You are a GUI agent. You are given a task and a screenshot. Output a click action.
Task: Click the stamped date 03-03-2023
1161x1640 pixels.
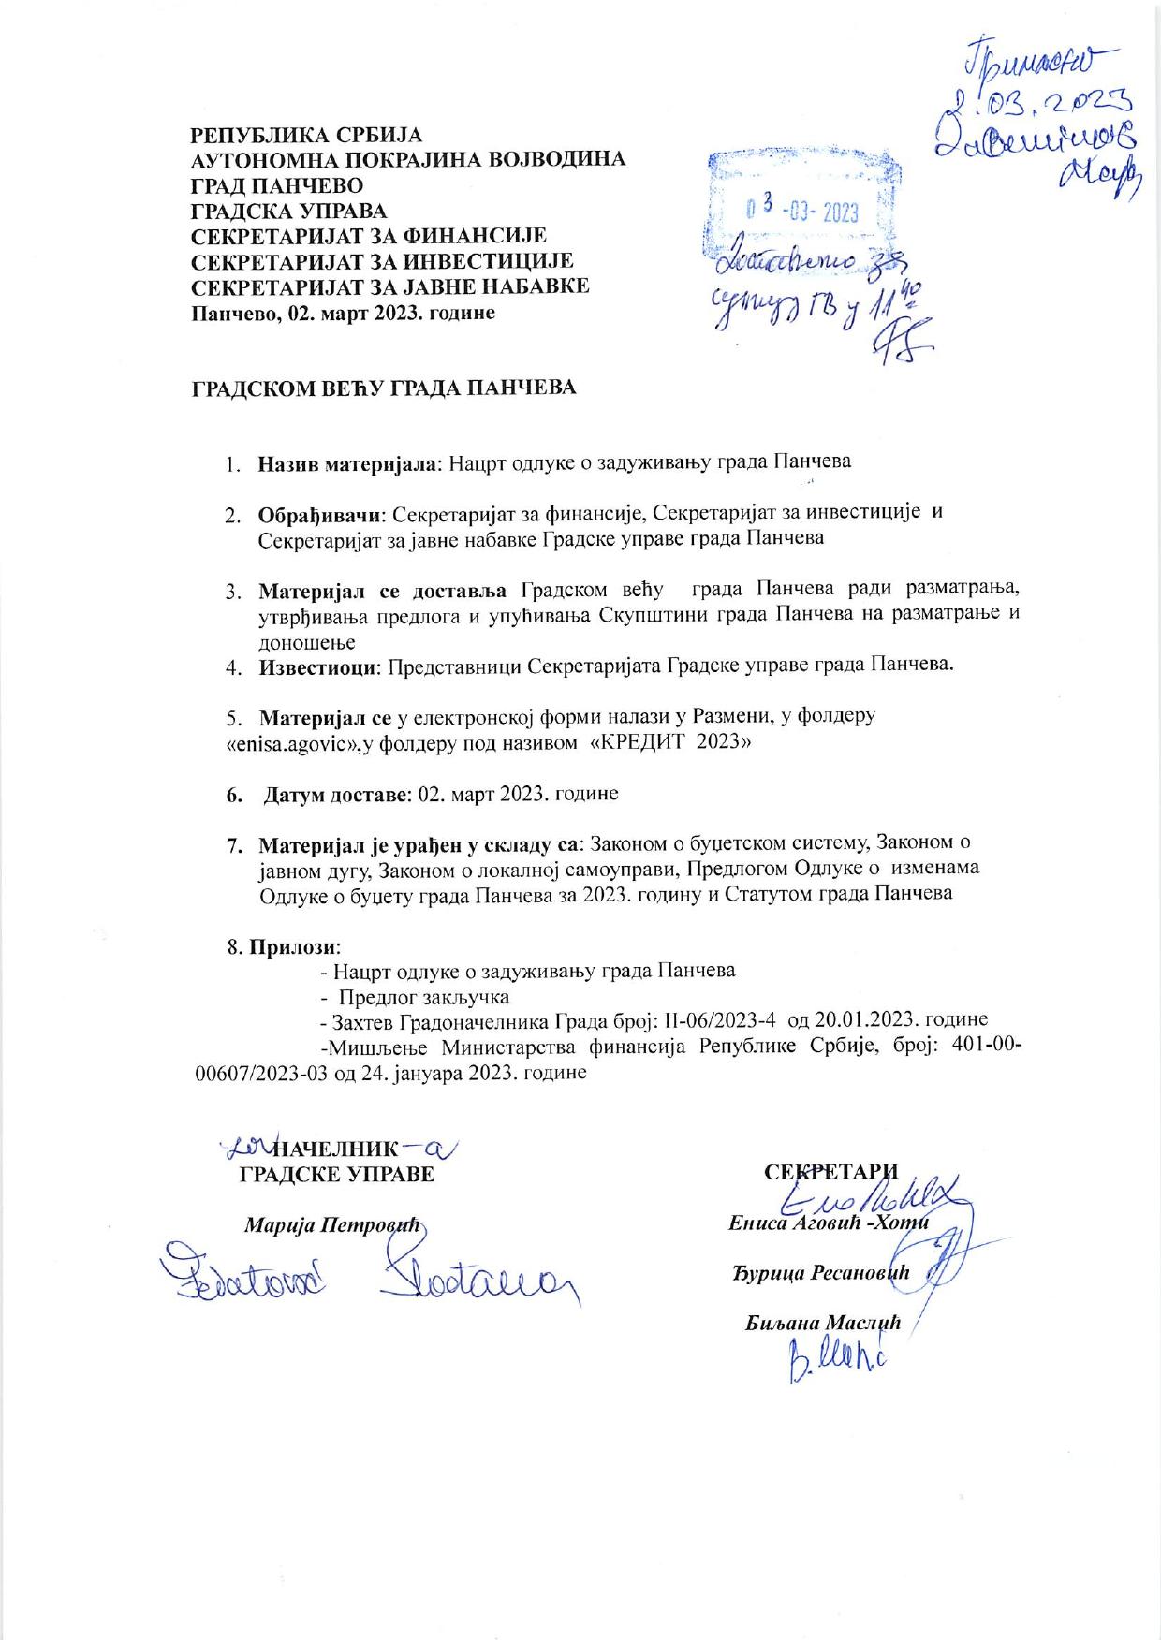[x=802, y=212]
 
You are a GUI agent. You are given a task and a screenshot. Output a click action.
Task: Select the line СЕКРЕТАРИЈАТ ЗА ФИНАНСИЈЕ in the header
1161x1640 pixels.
[x=369, y=236]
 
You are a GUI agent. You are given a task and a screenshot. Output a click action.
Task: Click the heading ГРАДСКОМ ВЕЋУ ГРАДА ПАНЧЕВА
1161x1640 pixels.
[x=384, y=388]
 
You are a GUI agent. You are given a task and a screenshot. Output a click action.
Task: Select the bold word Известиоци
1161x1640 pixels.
[x=316, y=666]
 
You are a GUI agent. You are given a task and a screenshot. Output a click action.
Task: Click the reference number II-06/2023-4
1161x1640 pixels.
[x=714, y=1020]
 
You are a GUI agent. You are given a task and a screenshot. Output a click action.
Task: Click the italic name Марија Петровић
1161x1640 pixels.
[x=334, y=1225]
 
